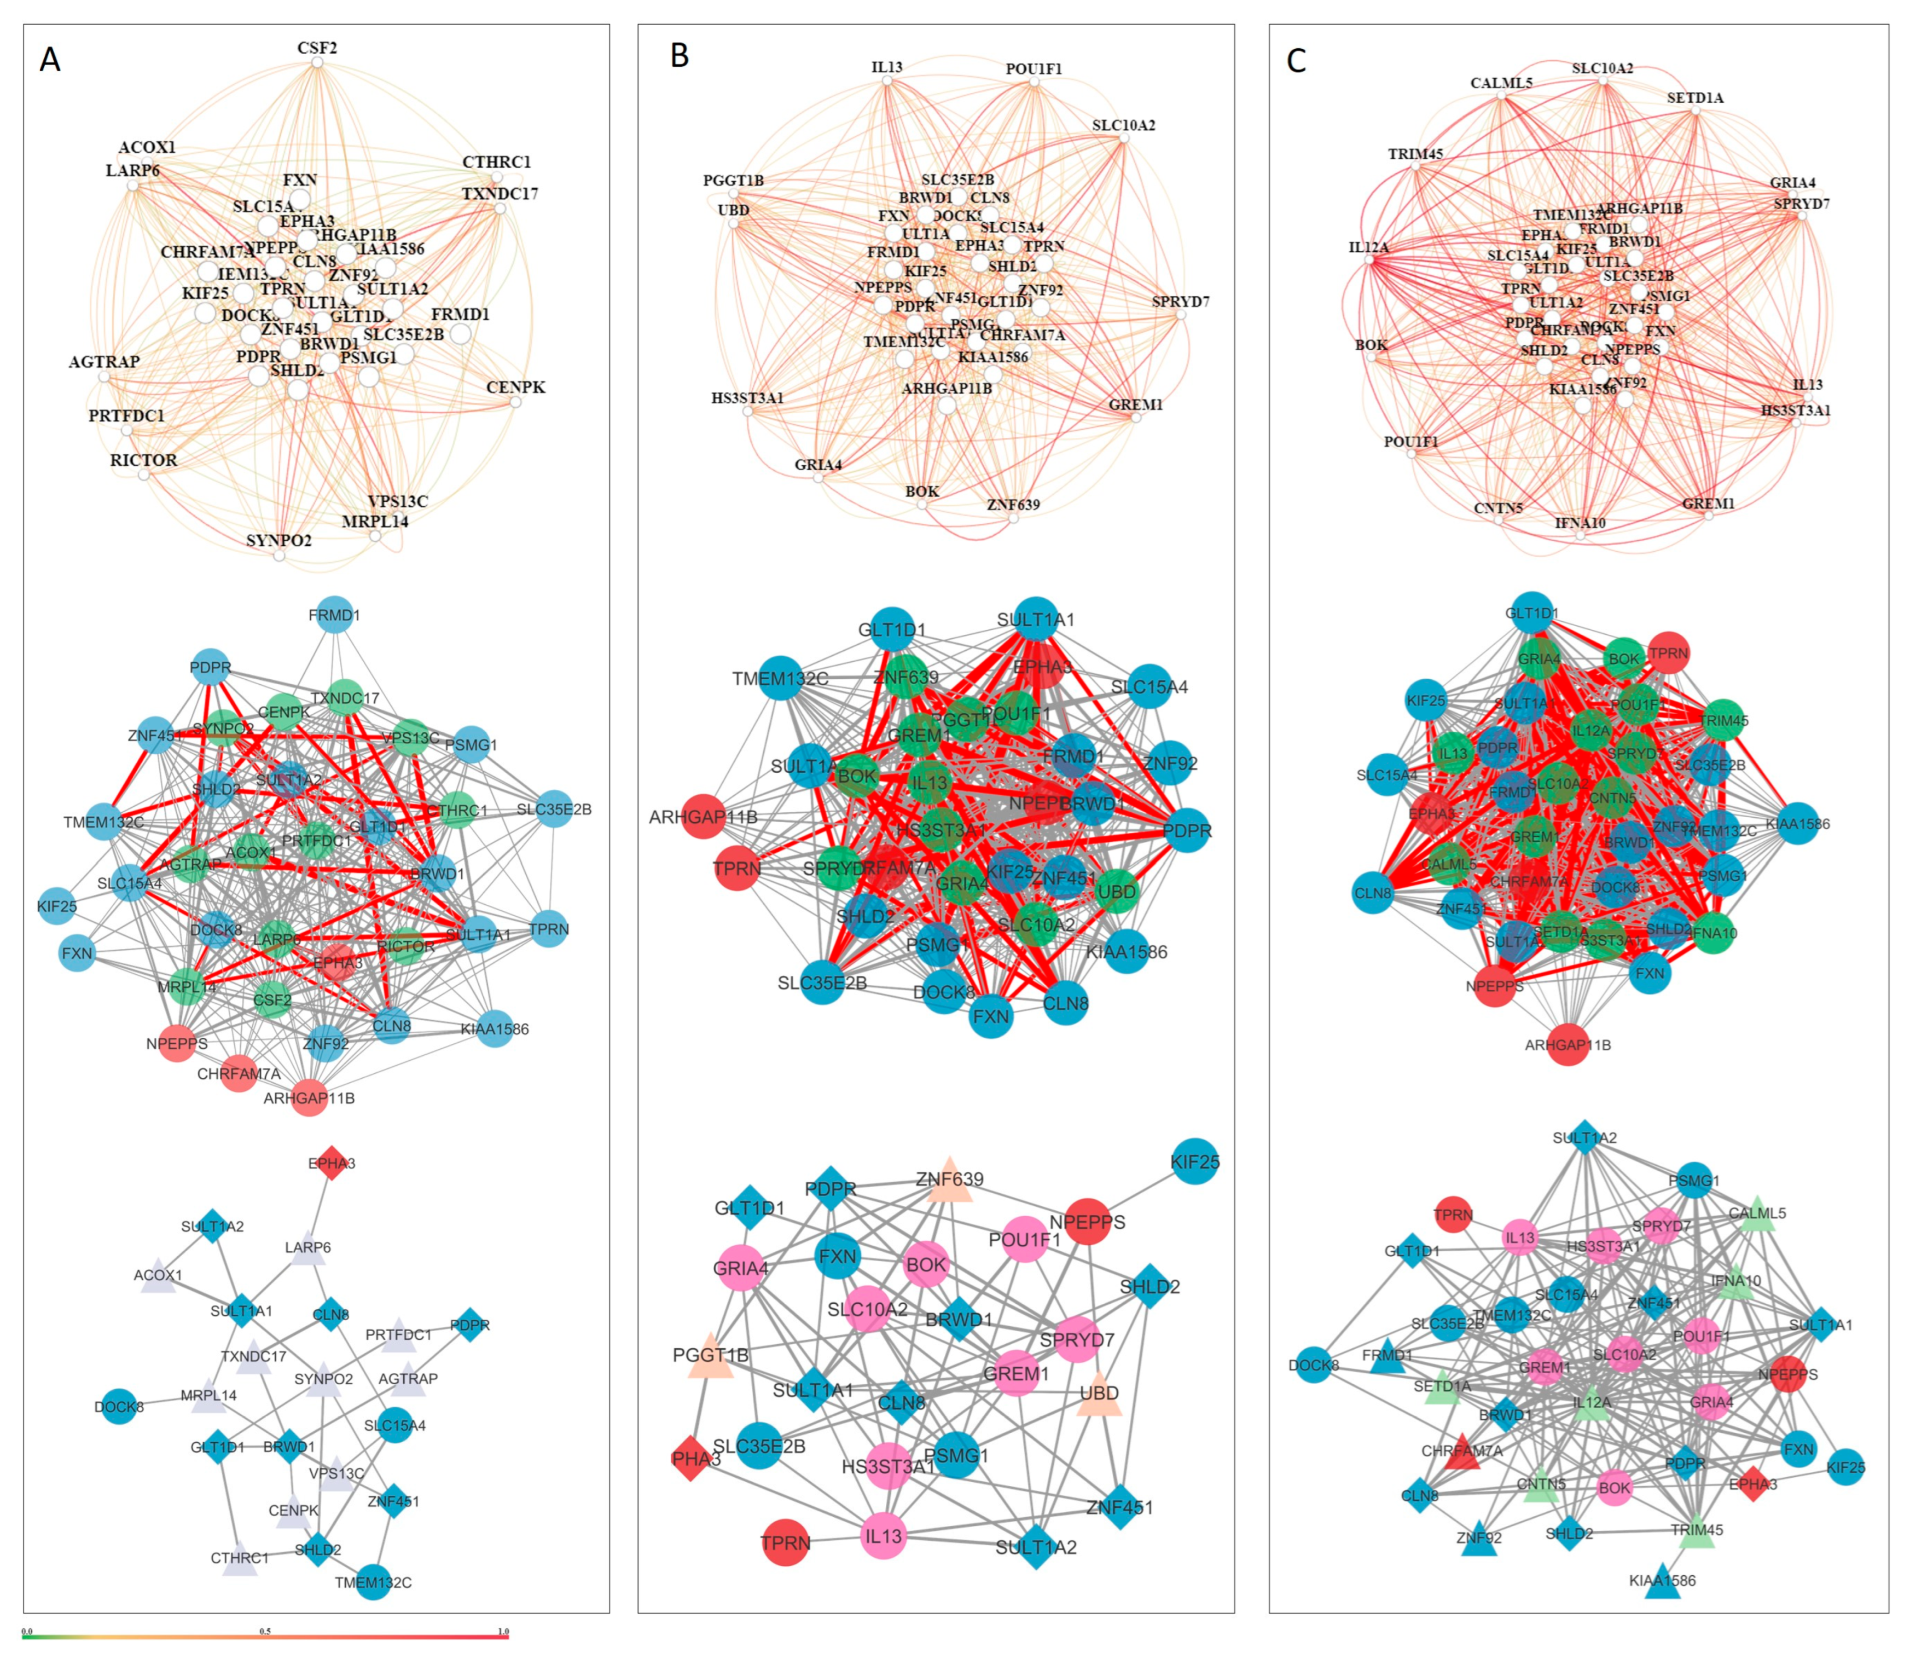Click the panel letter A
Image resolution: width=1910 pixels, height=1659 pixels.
pyautogui.click(x=50, y=60)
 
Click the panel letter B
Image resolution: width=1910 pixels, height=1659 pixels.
pyautogui.click(x=679, y=56)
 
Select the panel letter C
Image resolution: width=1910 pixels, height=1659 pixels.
pyautogui.click(x=1297, y=61)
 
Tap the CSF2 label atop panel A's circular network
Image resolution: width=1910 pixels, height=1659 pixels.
pyautogui.click(x=316, y=47)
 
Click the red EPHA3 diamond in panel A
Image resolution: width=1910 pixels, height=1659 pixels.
pyautogui.click(x=332, y=1163)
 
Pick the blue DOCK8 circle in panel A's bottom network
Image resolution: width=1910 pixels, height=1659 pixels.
pyautogui.click(x=118, y=1406)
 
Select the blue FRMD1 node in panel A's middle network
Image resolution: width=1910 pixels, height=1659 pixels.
pyautogui.click(x=334, y=615)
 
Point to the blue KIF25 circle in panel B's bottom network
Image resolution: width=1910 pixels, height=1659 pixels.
pyautogui.click(x=1195, y=1161)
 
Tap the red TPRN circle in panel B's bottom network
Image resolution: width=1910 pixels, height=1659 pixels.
pyautogui.click(x=785, y=1542)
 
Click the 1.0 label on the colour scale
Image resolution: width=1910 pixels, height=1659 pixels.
pyautogui.click(x=503, y=1631)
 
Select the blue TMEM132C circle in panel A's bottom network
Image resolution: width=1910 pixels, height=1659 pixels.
pyautogui.click(x=373, y=1581)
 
